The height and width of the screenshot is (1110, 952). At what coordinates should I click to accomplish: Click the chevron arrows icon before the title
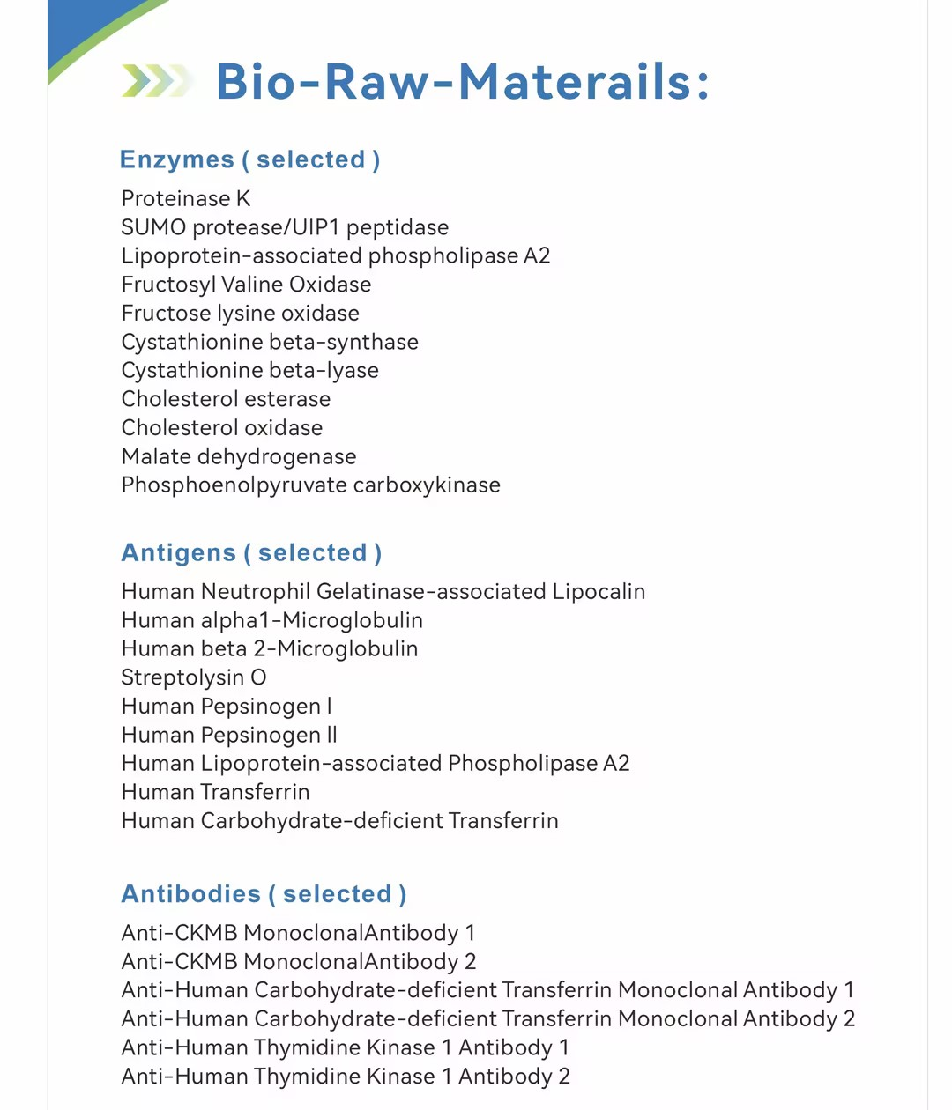(157, 81)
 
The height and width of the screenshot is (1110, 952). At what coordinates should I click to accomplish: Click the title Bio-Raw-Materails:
(462, 82)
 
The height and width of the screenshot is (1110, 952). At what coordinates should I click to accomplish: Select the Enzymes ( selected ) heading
(249, 159)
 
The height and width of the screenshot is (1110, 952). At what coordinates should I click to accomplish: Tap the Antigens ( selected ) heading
(251, 552)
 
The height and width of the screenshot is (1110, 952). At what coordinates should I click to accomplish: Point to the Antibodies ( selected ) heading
(264, 893)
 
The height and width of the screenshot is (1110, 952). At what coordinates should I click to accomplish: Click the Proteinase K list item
(186, 198)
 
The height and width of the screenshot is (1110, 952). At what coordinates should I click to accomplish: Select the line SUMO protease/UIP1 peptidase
(285, 227)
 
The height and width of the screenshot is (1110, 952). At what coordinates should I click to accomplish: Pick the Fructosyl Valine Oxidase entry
(246, 285)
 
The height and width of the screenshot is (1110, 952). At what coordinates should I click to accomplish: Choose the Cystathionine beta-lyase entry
(249, 370)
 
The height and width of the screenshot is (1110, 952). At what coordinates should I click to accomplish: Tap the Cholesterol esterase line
(226, 399)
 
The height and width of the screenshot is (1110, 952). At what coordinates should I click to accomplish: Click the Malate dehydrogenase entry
(239, 456)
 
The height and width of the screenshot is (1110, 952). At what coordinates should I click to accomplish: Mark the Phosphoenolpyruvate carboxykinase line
(310, 485)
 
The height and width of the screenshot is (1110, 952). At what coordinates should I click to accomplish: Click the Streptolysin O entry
(193, 677)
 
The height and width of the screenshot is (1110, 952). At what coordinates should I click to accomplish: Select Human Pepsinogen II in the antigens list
(229, 735)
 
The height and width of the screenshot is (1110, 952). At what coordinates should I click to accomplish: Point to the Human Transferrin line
(215, 792)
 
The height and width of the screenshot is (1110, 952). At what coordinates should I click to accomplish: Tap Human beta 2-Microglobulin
(270, 648)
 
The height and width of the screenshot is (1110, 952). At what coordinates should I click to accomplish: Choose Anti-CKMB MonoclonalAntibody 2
(298, 961)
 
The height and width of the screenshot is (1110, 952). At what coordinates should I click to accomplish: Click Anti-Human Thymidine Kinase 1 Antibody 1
(345, 1047)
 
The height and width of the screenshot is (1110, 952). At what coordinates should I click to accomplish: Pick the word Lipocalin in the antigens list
(599, 591)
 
